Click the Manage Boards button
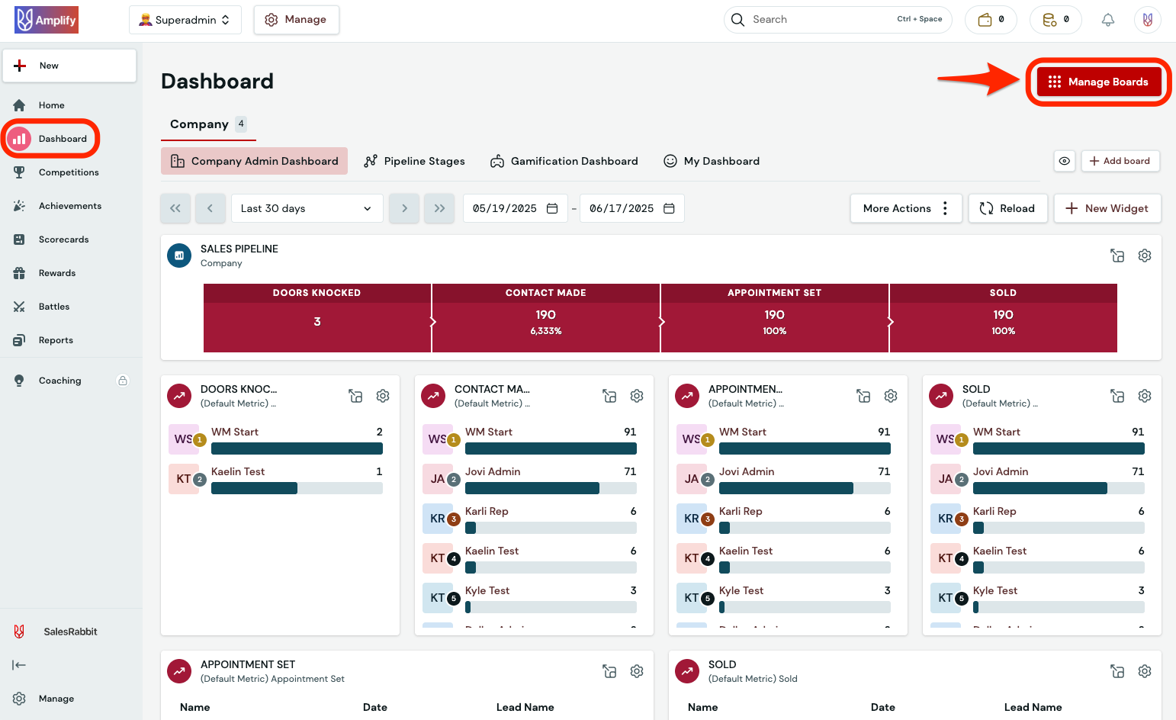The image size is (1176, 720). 1098,82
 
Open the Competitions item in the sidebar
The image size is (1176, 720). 69,172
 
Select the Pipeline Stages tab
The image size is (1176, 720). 415,161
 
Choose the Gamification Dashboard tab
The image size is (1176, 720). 564,161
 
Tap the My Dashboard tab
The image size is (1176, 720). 712,161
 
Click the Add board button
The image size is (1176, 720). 1120,161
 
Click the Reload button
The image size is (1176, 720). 1007,208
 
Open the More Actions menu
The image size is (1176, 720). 905,208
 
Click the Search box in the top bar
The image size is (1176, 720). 820,20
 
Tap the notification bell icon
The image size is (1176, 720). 1108,20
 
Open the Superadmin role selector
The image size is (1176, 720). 185,20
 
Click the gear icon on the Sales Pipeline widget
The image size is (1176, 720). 1144,256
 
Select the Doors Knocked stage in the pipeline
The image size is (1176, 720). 317,318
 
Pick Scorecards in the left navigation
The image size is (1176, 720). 63,239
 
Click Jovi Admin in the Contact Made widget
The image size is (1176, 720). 493,471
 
